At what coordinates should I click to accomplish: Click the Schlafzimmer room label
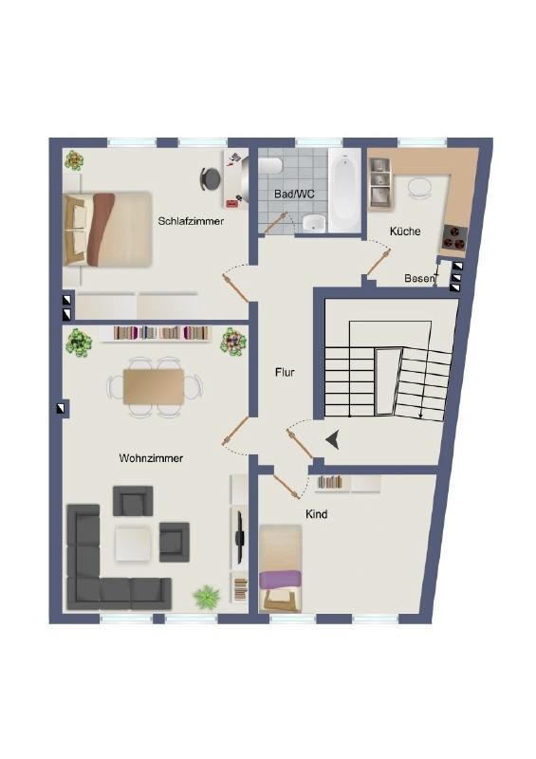click(x=191, y=221)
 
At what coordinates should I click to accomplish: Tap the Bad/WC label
click(x=294, y=194)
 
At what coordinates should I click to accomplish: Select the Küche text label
click(x=405, y=231)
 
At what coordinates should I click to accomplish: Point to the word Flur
click(x=285, y=372)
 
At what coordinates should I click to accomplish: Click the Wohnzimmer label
click(x=151, y=458)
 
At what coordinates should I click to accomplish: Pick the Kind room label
click(x=316, y=514)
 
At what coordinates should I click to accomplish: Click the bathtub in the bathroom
click(x=344, y=191)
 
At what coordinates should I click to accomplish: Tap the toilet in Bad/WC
click(x=269, y=166)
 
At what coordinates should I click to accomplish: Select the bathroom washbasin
click(x=314, y=223)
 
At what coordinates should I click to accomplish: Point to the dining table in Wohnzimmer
click(x=154, y=386)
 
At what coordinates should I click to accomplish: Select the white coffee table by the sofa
click(x=133, y=543)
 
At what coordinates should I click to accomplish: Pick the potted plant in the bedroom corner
click(x=74, y=160)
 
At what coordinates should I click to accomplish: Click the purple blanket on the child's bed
click(x=281, y=580)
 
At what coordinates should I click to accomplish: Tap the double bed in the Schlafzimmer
click(x=107, y=229)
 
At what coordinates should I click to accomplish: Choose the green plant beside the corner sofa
click(x=207, y=597)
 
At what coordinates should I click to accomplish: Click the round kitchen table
click(x=418, y=187)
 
